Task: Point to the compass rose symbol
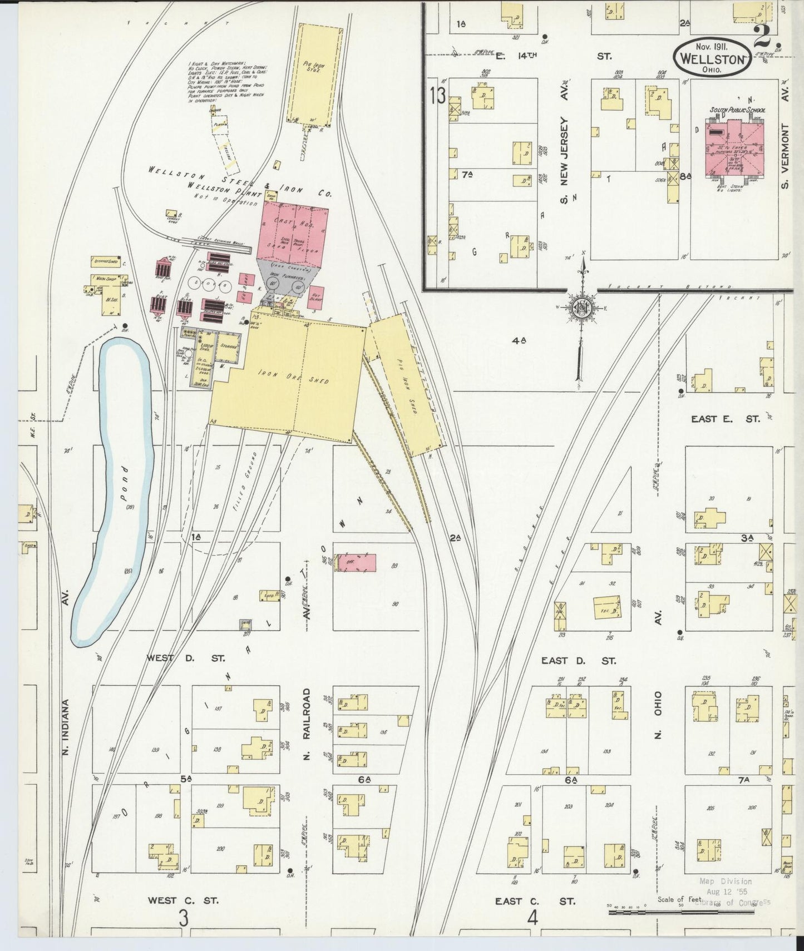point(582,307)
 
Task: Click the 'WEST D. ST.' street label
point(185,658)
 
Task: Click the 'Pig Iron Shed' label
point(405,384)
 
